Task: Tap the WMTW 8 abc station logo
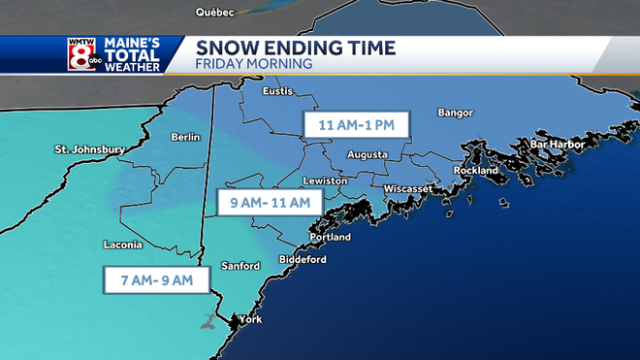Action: click(x=80, y=56)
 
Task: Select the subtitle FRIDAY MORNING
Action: click(x=253, y=65)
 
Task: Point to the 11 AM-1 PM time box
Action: click(x=356, y=125)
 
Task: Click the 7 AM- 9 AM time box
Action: click(x=155, y=280)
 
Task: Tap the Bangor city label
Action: click(x=455, y=113)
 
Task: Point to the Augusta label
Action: click(x=368, y=155)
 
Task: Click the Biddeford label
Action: click(x=304, y=260)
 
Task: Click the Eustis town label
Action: click(x=278, y=91)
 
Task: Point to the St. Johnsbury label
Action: click(x=89, y=149)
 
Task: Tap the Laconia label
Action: click(x=122, y=245)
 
